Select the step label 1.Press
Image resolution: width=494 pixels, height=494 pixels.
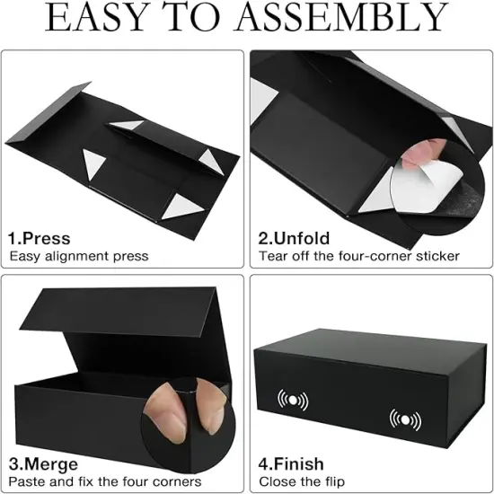(x=40, y=239)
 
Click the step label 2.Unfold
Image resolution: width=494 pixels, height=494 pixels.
(x=294, y=239)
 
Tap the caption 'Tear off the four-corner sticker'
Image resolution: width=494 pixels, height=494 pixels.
(x=359, y=256)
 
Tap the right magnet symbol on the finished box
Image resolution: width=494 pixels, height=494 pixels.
(x=404, y=419)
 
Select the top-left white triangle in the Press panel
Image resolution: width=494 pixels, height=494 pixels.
(x=128, y=126)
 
